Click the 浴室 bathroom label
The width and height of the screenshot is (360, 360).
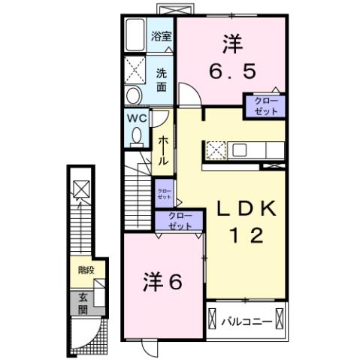[x=161, y=36]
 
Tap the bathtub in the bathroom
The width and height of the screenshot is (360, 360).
[x=135, y=35]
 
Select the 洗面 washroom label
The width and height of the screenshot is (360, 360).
[x=162, y=80]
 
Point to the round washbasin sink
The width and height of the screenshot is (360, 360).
[x=133, y=95]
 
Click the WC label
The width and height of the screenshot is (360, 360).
[x=135, y=119]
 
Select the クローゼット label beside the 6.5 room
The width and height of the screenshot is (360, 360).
[x=264, y=105]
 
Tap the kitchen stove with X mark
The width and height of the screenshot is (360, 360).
[x=215, y=150]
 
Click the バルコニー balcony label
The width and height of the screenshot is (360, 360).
[x=247, y=322]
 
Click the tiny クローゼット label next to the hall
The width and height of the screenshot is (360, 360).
[x=164, y=194]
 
